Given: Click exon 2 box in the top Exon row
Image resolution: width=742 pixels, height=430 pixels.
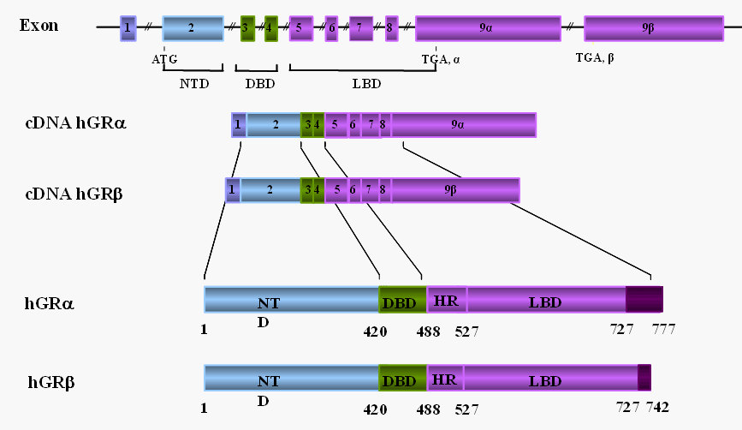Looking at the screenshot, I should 193,27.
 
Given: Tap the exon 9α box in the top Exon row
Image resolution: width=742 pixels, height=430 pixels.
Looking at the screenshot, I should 488,27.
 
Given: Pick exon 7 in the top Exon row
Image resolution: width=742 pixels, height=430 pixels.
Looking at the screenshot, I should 360,27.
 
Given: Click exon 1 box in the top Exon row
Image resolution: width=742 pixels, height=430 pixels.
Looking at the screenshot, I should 128,27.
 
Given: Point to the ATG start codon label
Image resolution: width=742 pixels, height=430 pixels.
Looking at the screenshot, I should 164,60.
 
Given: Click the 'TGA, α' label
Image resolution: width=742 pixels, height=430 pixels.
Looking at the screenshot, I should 441,60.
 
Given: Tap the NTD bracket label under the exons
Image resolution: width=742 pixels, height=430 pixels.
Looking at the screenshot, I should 193,83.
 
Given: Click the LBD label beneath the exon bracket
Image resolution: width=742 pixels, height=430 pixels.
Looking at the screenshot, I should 366,83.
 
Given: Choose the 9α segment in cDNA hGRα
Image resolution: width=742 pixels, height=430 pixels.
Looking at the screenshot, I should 463,124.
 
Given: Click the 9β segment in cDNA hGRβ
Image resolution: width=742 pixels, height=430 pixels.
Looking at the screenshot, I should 455,190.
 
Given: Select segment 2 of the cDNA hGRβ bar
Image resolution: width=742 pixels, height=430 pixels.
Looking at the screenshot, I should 270,190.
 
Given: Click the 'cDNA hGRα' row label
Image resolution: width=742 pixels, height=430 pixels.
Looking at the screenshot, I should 75,123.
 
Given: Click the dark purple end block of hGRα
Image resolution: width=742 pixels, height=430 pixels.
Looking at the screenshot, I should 644,299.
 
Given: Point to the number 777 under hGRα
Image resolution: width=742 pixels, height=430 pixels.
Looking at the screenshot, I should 664,328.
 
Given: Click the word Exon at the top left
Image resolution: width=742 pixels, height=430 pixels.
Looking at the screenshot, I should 39,25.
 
